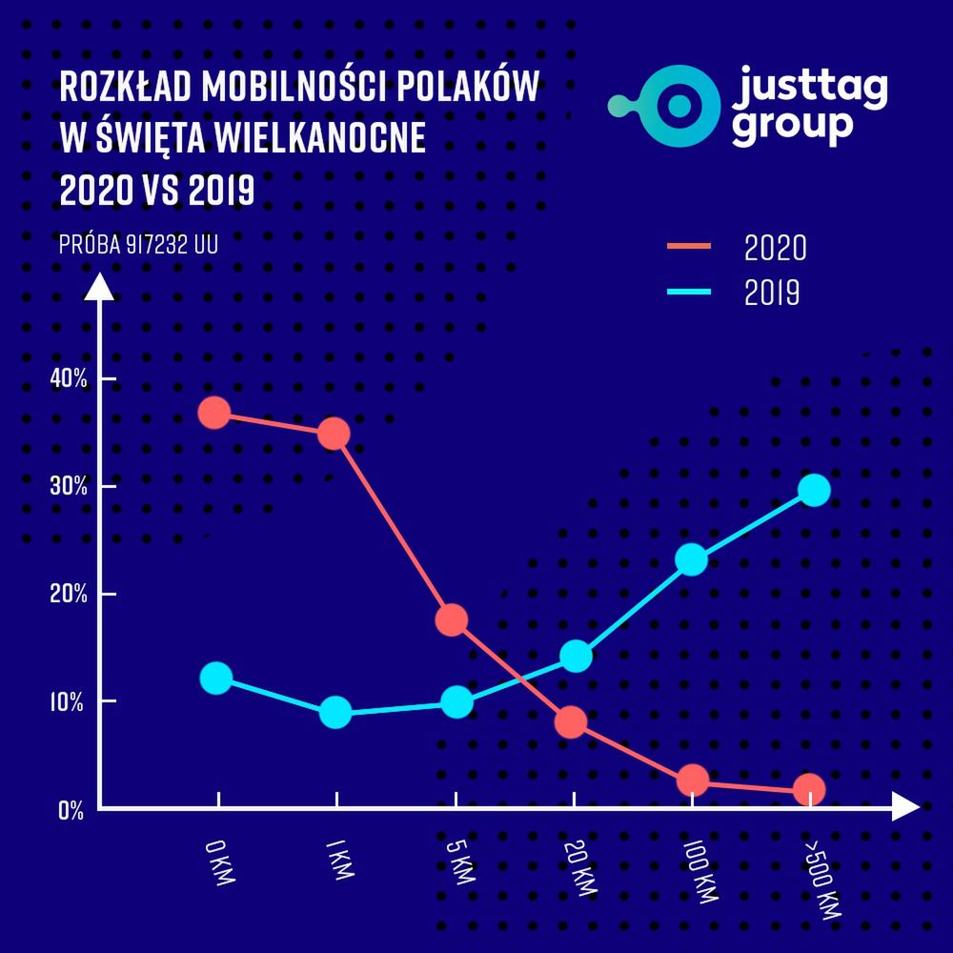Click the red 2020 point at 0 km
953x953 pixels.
(x=214, y=413)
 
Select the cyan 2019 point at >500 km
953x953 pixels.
(x=814, y=490)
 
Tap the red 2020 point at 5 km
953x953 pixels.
(x=452, y=619)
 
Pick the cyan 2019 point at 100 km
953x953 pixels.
(x=691, y=559)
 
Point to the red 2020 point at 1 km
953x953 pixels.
(x=334, y=435)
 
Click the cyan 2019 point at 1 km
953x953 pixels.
(x=335, y=712)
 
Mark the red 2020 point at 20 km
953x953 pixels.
(x=571, y=721)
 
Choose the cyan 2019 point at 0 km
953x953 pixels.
(x=216, y=678)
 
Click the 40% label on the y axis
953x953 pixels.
(x=69, y=378)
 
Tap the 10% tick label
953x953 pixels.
(x=69, y=702)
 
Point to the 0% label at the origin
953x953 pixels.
(x=71, y=811)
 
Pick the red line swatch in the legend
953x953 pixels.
(x=688, y=246)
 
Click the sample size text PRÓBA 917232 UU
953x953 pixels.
(x=138, y=245)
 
